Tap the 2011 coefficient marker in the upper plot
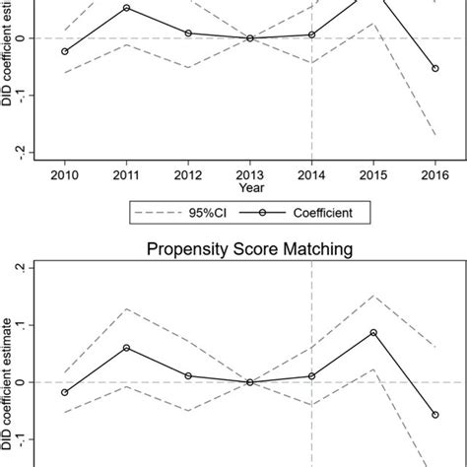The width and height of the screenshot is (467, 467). click(x=127, y=8)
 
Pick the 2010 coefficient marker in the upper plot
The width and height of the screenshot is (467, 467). click(x=65, y=51)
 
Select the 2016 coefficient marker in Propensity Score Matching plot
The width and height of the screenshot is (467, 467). click(x=434, y=415)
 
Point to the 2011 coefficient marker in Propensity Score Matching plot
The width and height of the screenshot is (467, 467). click(x=127, y=348)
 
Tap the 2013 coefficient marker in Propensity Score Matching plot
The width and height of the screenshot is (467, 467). click(x=250, y=382)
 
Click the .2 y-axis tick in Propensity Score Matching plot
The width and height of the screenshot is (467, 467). click(x=33, y=267)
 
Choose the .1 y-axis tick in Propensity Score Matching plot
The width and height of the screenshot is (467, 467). click(x=33, y=325)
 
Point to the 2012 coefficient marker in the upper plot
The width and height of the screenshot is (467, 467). click(x=188, y=33)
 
